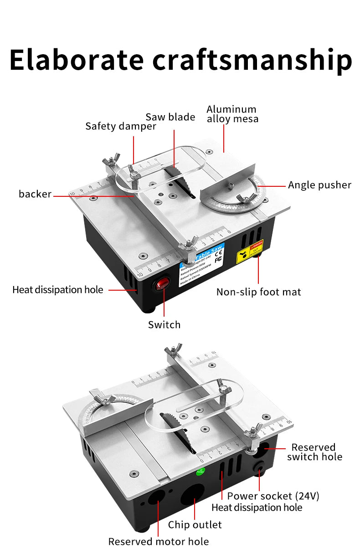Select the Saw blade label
[170, 117]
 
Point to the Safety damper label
[120, 126]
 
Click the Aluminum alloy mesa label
[232, 114]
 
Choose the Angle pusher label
[319, 185]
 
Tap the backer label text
[35, 194]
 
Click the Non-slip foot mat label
[258, 292]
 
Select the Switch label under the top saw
[164, 325]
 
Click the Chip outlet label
[195, 525]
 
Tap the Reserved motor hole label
[158, 542]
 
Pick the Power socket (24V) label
[273, 496]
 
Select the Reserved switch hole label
[314, 452]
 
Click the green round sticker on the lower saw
[200, 472]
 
